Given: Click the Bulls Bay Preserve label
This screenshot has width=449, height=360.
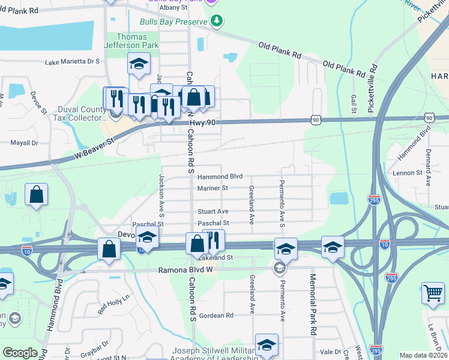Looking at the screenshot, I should coord(173,22).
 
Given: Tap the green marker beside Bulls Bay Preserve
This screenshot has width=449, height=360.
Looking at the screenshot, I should coord(217,22).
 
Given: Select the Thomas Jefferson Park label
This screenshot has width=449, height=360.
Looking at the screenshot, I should coord(131,41).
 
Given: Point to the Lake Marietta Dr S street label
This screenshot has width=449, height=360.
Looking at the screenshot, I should coord(72,61).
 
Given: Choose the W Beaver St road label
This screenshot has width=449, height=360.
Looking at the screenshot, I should coord(94,148).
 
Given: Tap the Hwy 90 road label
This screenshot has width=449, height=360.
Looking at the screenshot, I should coord(203,123).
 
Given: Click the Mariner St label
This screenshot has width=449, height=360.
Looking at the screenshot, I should coord(212,188).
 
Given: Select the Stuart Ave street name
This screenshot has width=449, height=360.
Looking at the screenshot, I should coord(213,212).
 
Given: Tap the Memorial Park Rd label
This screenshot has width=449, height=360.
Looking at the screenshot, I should coord(313,304).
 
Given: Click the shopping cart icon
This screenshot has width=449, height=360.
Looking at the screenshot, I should coord(433,293).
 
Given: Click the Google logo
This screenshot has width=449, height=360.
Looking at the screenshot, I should coord(20,353).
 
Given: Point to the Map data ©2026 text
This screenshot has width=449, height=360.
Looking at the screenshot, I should coord(423,355).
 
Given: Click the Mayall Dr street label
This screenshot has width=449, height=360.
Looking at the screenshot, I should coord(24,143).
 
